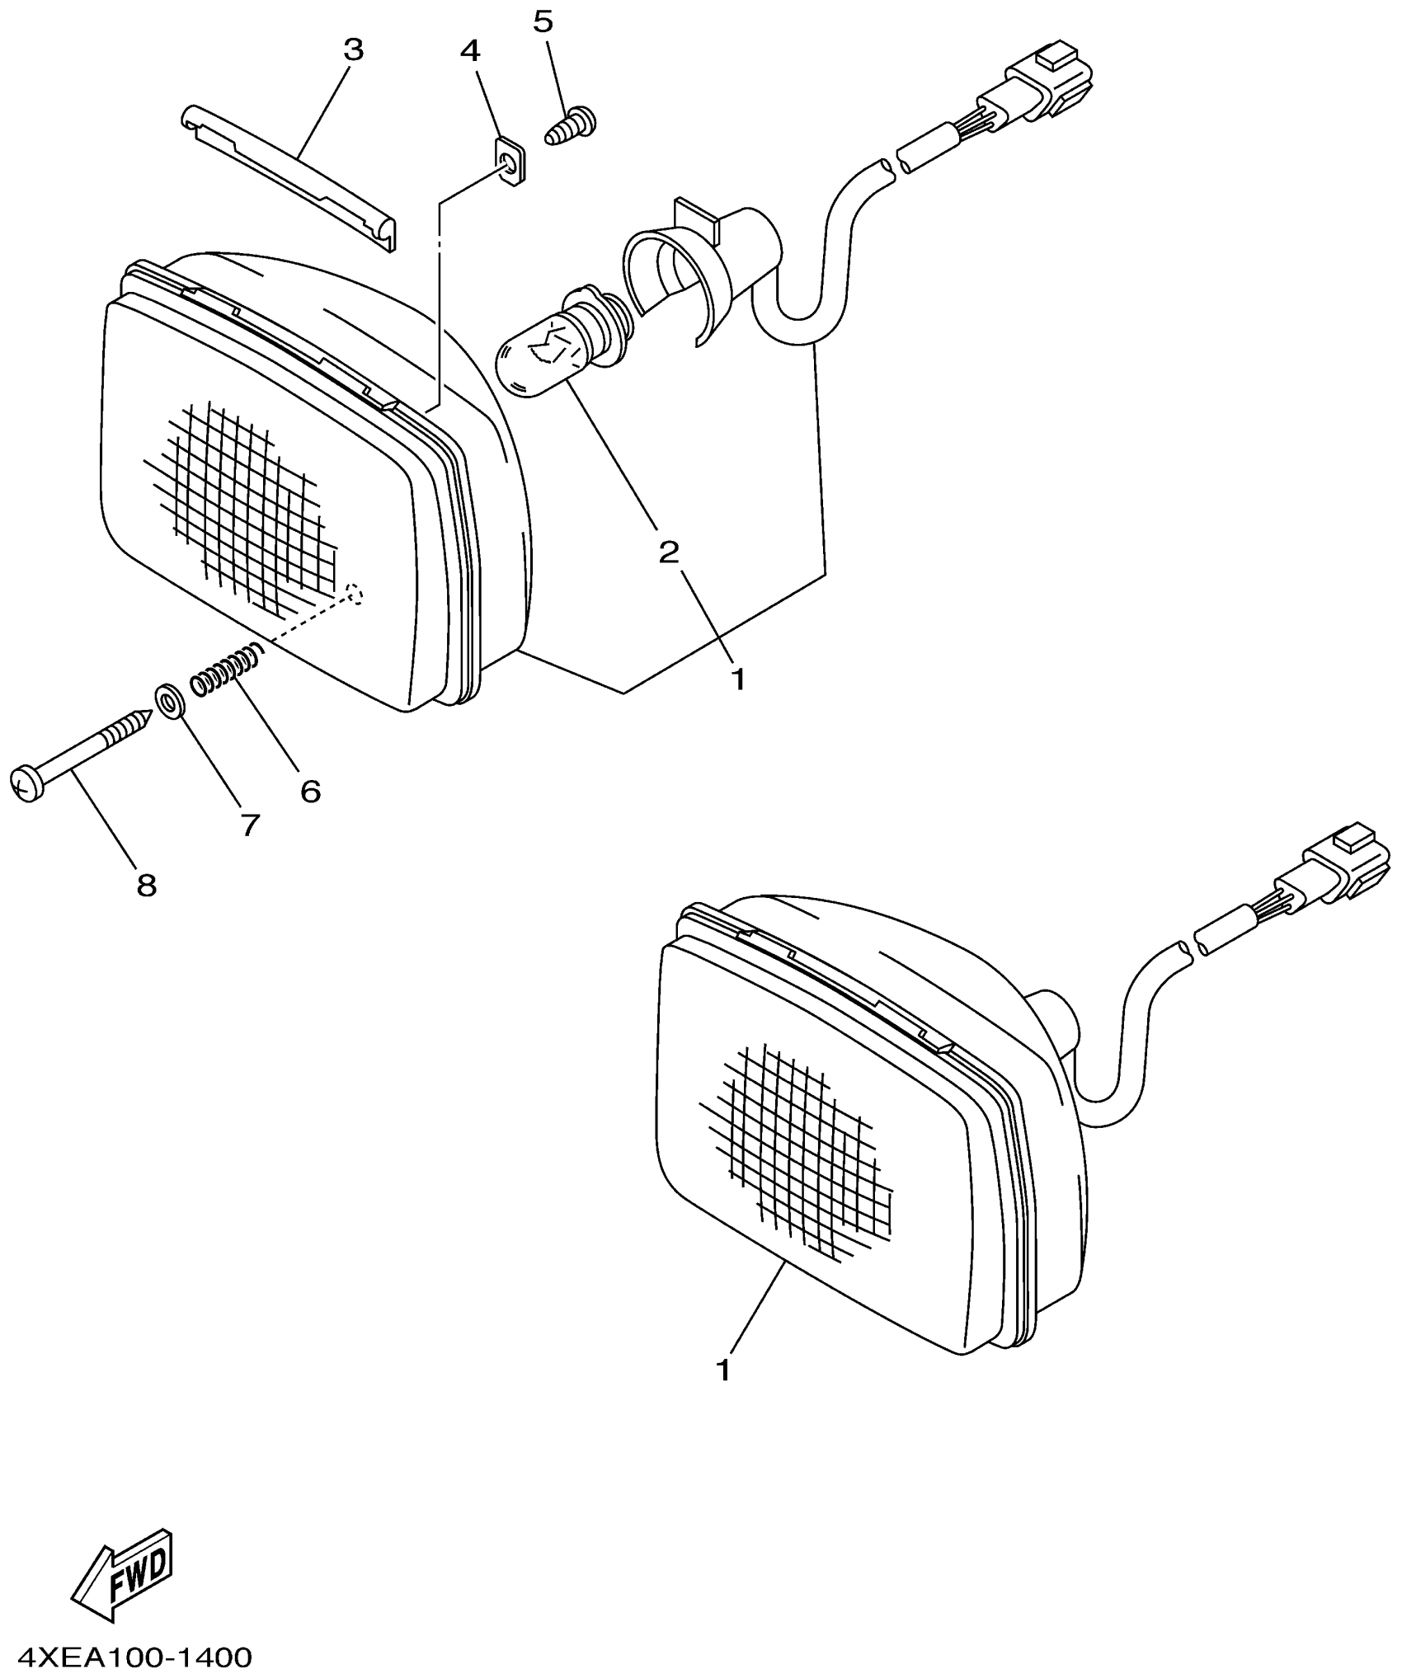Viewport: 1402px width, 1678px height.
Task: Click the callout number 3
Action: (x=353, y=50)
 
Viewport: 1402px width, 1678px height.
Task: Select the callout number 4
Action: (x=469, y=51)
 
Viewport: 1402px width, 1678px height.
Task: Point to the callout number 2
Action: (x=668, y=552)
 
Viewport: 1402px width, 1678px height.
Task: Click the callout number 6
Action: (x=310, y=792)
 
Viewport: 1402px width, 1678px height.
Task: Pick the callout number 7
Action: (x=250, y=825)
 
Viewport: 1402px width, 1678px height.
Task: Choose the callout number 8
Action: (x=146, y=886)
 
